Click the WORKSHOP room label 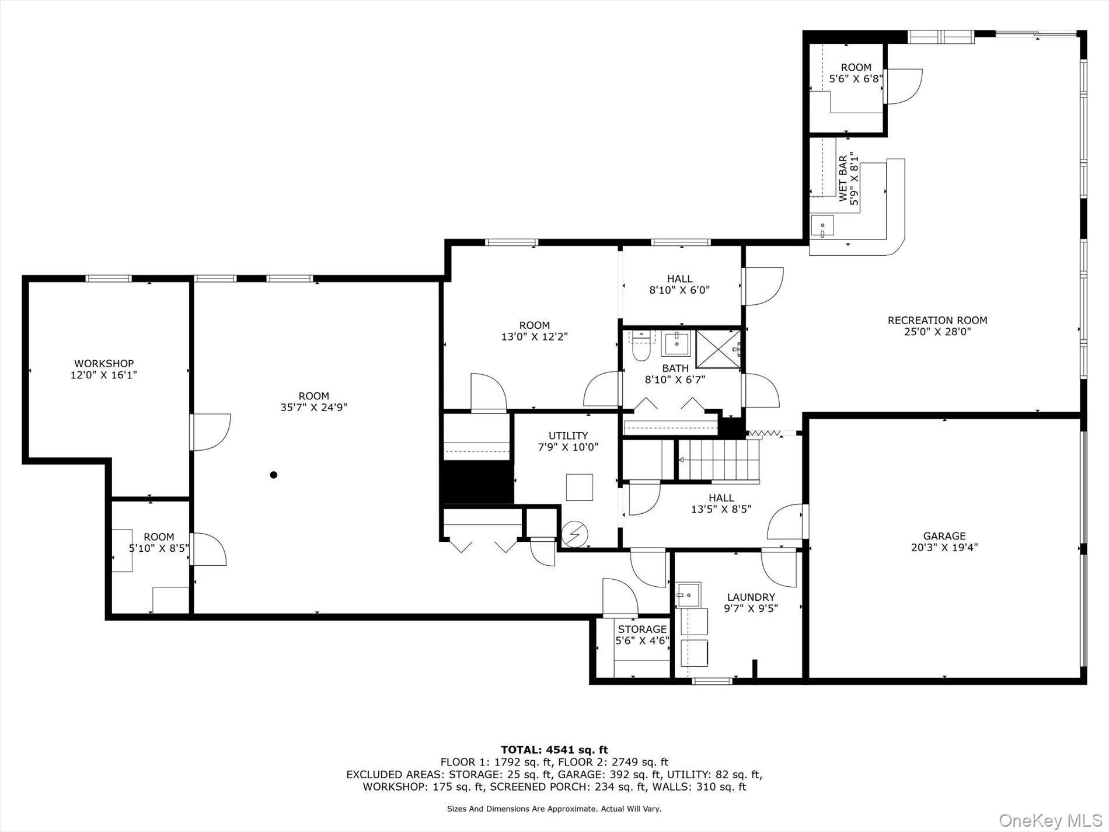(104, 364)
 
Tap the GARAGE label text (944, 536)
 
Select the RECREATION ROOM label (937, 320)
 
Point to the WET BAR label (843, 179)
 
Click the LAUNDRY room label (751, 597)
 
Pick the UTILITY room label (568, 436)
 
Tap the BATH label (675, 368)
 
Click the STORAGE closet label (642, 629)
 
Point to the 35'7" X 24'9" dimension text (314, 408)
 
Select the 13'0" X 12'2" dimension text (535, 337)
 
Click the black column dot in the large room (273, 475)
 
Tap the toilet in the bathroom (641, 346)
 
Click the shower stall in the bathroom (718, 349)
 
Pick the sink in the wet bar (822, 226)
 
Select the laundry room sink (689, 594)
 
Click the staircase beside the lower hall (719, 460)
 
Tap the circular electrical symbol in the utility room (575, 532)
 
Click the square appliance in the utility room (579, 488)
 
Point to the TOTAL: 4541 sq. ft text (554, 750)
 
